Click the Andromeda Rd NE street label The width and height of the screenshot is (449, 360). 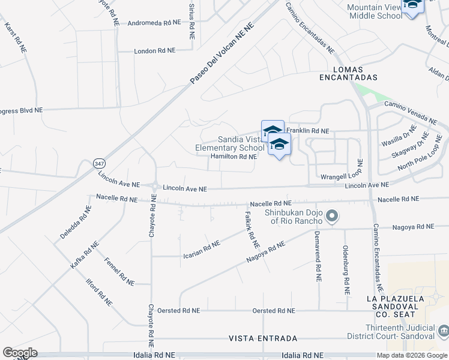coord(154,23)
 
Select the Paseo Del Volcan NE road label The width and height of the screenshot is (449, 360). coord(223,53)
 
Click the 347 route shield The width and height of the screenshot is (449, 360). coord(100,163)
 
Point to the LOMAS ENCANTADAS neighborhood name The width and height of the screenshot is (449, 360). coord(348,73)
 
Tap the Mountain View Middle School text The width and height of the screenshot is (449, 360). coord(375,11)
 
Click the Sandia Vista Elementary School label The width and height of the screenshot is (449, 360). coord(230,143)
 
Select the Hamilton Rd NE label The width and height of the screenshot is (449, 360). coord(234,157)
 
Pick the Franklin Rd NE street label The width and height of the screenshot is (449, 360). coord(308,130)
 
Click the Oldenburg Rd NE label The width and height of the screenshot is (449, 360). coord(346,269)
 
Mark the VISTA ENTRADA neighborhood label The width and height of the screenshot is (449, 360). coord(255,338)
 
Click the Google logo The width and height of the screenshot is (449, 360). coord(20,353)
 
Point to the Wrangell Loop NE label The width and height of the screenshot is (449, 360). coord(342,178)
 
